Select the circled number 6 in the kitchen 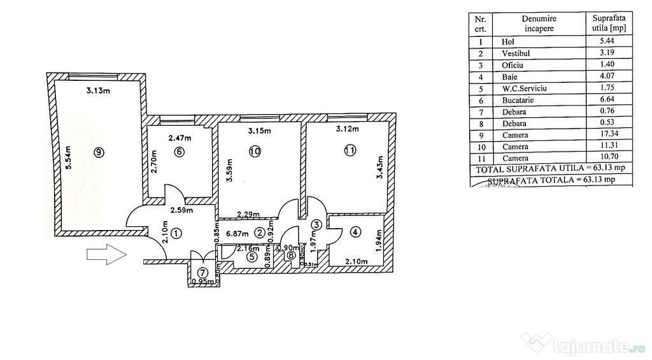(x=179, y=152)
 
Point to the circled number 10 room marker (x=255, y=152)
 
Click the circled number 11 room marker (x=350, y=150)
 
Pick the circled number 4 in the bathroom (x=355, y=232)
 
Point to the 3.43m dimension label (x=380, y=168)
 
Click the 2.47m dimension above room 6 (x=180, y=137)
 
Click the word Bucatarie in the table (x=518, y=99)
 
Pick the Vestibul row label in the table (x=515, y=53)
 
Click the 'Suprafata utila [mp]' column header (x=608, y=24)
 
